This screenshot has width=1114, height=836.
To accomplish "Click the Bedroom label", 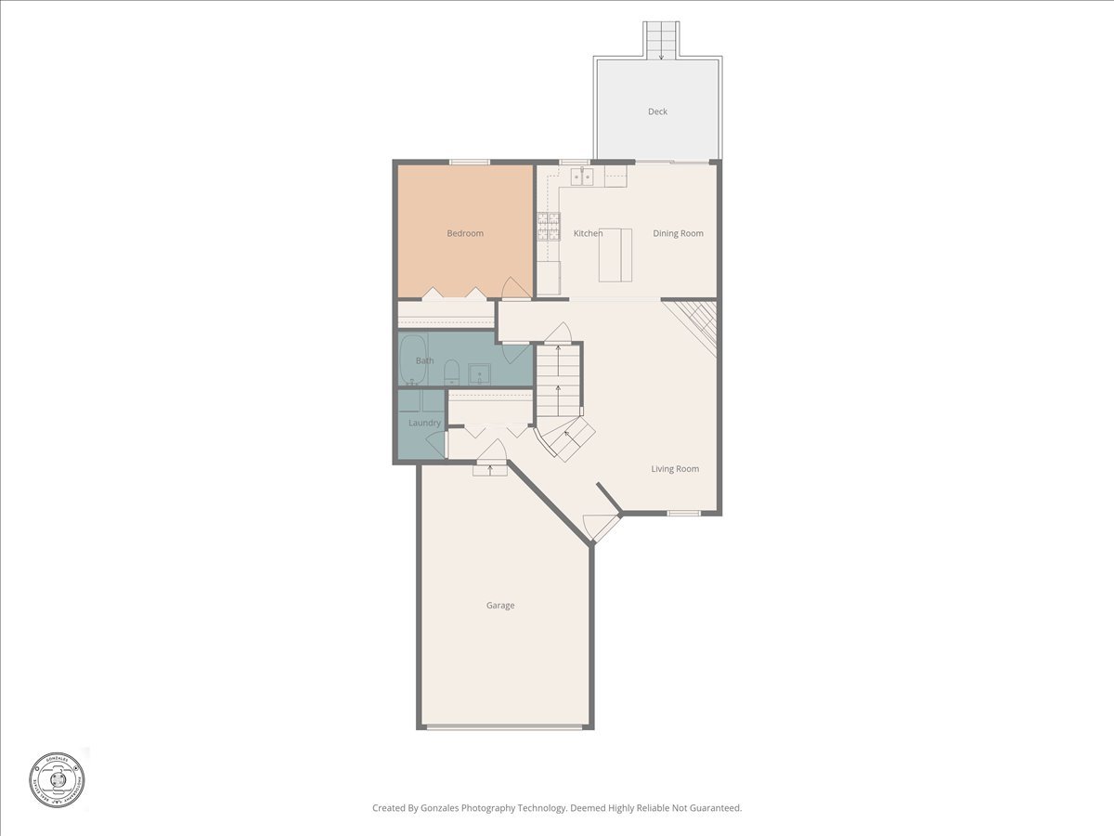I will click(465, 233).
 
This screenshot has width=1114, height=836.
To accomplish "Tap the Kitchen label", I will click(588, 233).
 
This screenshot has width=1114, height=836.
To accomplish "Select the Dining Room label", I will click(678, 233).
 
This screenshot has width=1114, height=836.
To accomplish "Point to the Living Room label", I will click(675, 469).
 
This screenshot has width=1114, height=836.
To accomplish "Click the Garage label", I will click(500, 606).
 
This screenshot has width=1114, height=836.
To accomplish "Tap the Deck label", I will click(657, 111).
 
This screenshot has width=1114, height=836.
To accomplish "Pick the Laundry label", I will click(424, 423).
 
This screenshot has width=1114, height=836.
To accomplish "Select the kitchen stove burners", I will click(549, 226).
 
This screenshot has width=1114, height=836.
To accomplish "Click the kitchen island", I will click(615, 255).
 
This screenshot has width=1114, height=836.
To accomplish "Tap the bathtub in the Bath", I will click(412, 360).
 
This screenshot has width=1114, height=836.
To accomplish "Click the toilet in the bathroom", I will click(451, 372).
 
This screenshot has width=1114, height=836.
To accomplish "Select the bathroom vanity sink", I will click(480, 373).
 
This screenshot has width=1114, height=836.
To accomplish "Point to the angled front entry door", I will click(602, 528).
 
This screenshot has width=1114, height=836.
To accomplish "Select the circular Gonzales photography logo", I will click(57, 777).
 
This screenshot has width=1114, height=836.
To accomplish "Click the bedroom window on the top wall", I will click(470, 163).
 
